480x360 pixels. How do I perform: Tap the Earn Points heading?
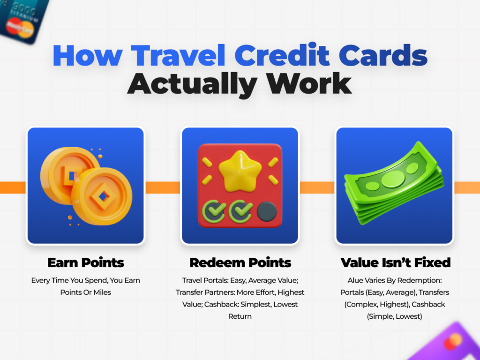pyautogui.click(x=86, y=262)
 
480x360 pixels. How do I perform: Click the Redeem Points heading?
pyautogui.click(x=240, y=262)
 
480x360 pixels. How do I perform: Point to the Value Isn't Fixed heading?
pyautogui.click(x=395, y=262)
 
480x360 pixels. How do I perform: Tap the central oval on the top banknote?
pyautogui.click(x=393, y=179)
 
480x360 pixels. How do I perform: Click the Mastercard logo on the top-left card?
pyautogui.click(x=17, y=26)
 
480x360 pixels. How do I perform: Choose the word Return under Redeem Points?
pyautogui.click(x=240, y=316)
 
